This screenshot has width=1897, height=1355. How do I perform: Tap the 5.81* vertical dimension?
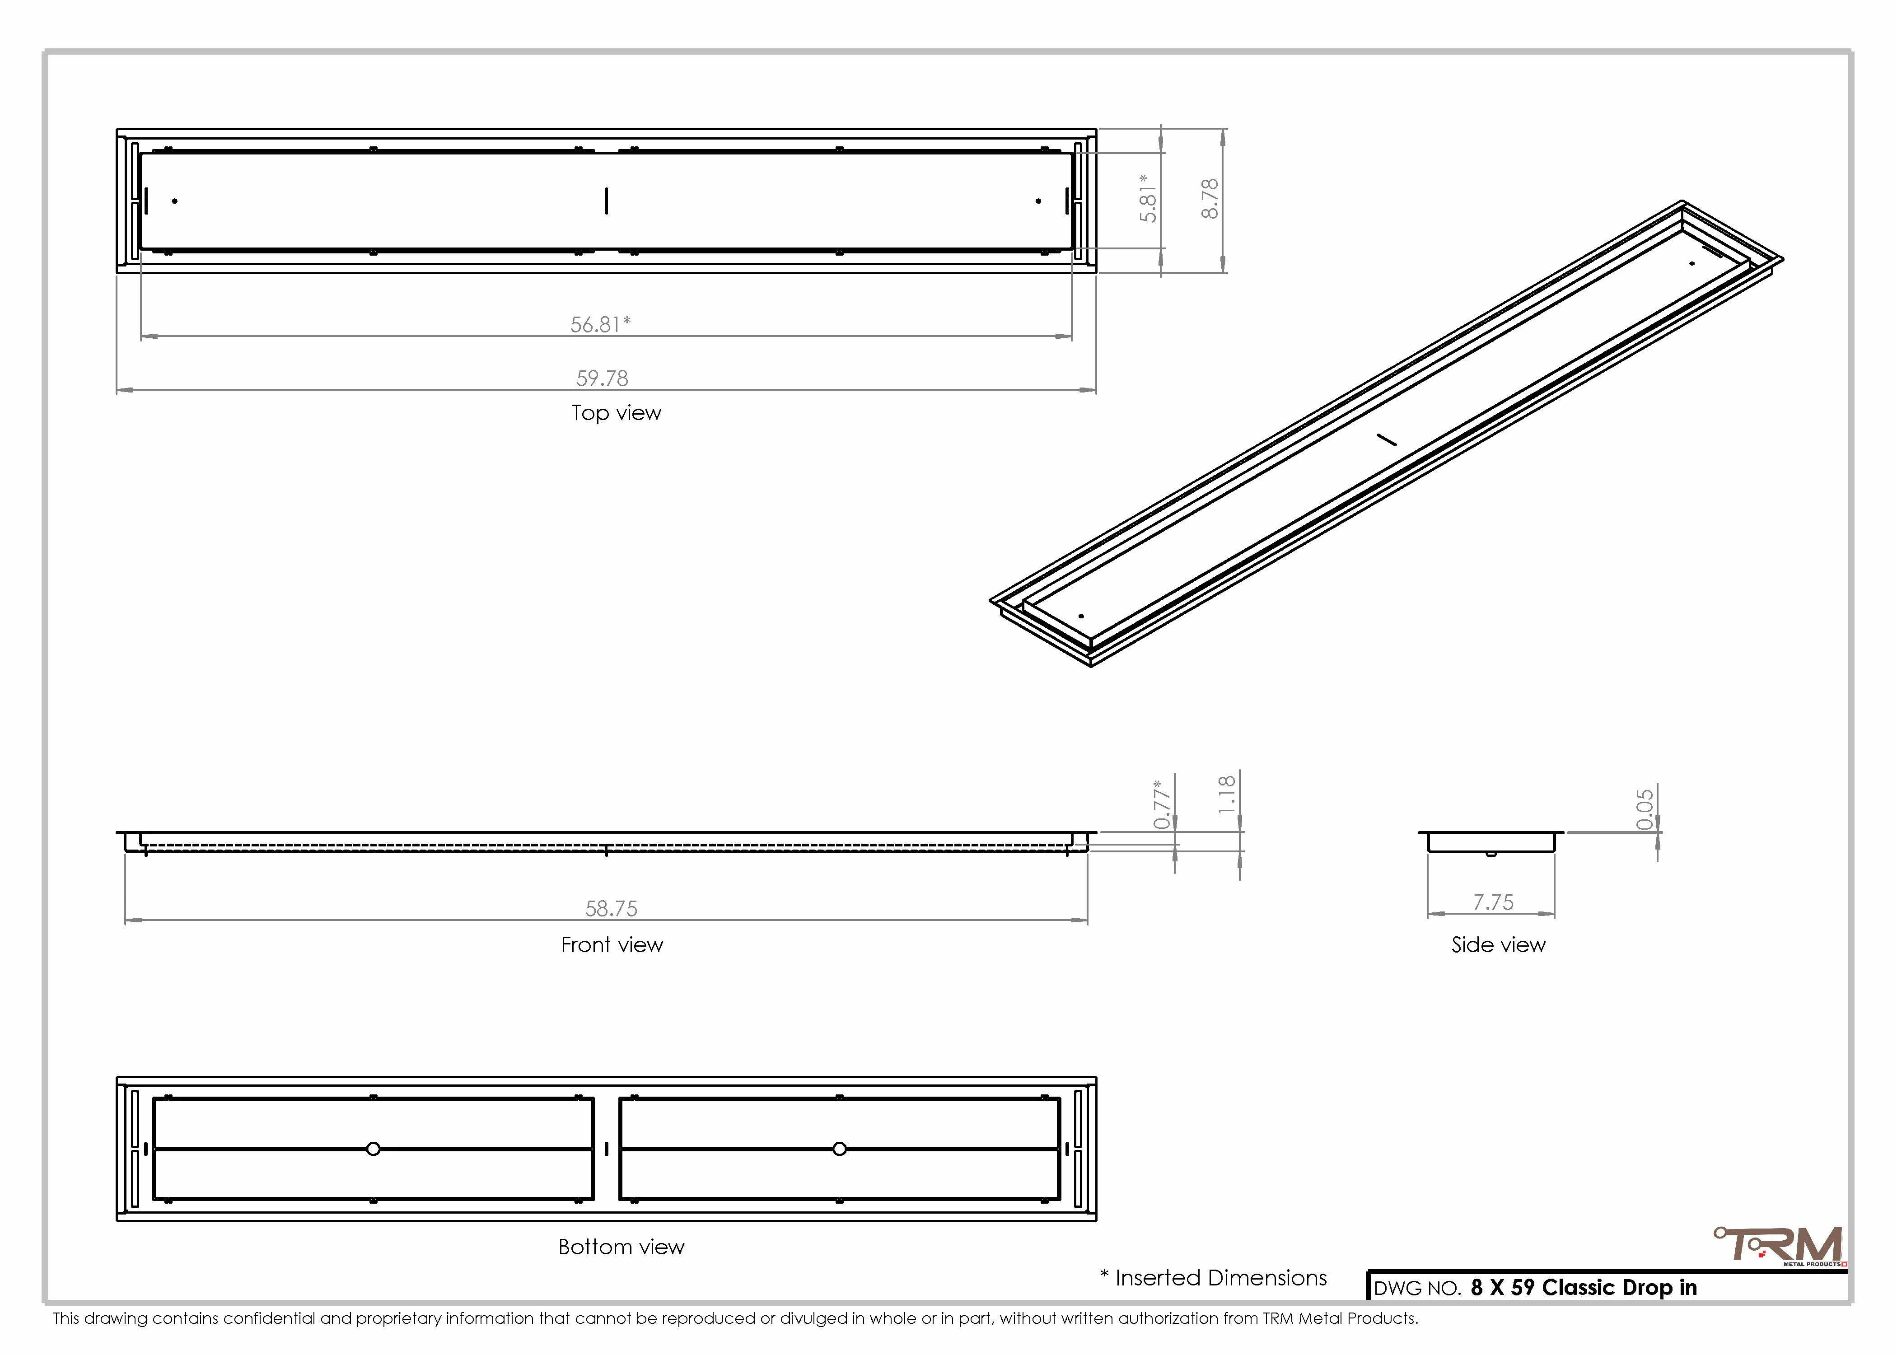[1149, 199]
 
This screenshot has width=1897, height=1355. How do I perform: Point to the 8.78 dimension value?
[1210, 199]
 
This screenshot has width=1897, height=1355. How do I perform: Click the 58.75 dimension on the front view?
[612, 908]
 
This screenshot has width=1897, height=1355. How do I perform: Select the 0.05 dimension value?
[1644, 809]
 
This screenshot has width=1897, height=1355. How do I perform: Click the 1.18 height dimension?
[1226, 794]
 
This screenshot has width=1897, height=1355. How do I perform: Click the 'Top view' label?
[617, 413]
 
